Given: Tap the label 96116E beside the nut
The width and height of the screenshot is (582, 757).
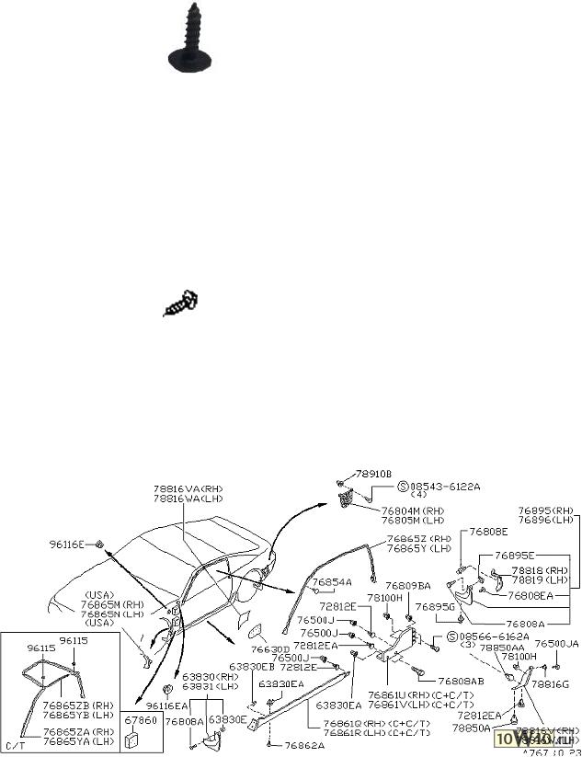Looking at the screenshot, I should [67, 545].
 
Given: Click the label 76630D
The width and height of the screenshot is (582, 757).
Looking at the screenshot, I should [271, 649].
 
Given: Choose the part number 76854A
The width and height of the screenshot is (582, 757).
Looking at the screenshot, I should [331, 582].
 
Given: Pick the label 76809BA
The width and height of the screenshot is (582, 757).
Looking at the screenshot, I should [407, 586].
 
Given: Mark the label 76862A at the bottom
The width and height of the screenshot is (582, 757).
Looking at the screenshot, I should [304, 745].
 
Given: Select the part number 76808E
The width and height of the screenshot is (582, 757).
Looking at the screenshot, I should [488, 532].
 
